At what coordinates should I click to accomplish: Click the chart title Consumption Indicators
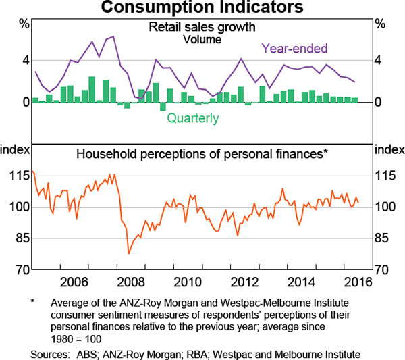click(202, 9)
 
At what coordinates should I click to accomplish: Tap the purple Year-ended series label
click(294, 49)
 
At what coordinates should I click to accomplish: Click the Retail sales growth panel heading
click(202, 28)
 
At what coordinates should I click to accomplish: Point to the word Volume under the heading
click(202, 39)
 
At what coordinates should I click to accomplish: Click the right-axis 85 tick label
click(385, 238)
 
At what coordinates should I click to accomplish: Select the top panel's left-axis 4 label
click(26, 61)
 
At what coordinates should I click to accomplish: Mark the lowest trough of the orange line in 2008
click(128, 254)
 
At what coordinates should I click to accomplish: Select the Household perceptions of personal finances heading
click(202, 153)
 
